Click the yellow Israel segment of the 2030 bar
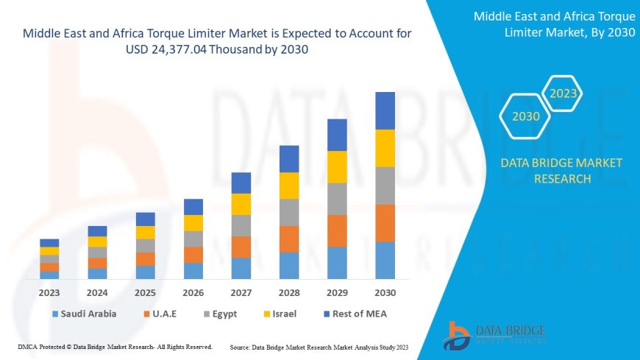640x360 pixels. tap(385, 148)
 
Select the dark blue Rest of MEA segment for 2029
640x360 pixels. tap(337, 135)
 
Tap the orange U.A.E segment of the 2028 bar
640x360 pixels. tap(289, 239)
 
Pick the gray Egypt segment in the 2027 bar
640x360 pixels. tap(241, 225)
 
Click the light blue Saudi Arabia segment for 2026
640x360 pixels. tap(193, 271)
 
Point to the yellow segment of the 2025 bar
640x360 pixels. tap(146, 233)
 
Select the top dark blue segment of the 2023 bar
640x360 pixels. tap(49, 243)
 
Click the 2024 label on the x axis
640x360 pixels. tap(97, 292)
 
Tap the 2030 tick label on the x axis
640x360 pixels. tap(385, 292)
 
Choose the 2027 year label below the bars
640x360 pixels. tap(241, 292)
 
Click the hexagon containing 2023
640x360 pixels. tap(563, 93)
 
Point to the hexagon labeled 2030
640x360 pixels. tap(525, 116)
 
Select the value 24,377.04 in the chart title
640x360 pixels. tap(168, 49)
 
